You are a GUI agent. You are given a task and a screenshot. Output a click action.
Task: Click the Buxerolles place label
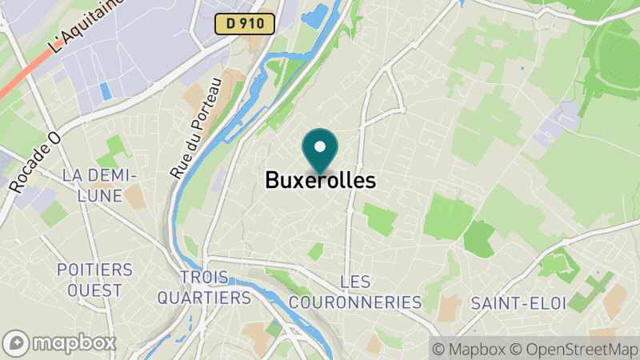point(320,180)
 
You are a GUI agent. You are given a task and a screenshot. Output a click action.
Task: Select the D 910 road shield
point(245,24)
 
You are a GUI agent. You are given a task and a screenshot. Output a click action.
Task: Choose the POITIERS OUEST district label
point(94,279)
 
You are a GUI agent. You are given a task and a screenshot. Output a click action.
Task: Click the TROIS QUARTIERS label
point(204,287)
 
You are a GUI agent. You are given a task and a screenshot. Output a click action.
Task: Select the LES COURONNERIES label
point(354,292)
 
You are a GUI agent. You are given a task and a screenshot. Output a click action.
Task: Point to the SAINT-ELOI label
point(518,303)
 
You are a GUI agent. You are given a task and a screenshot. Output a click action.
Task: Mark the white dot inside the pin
point(320,146)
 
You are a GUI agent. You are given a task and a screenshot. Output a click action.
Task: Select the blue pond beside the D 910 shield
point(314,16)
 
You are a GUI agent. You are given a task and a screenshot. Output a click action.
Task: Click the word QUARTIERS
point(204,298)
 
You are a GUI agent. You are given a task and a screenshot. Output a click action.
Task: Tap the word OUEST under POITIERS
point(94,290)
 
